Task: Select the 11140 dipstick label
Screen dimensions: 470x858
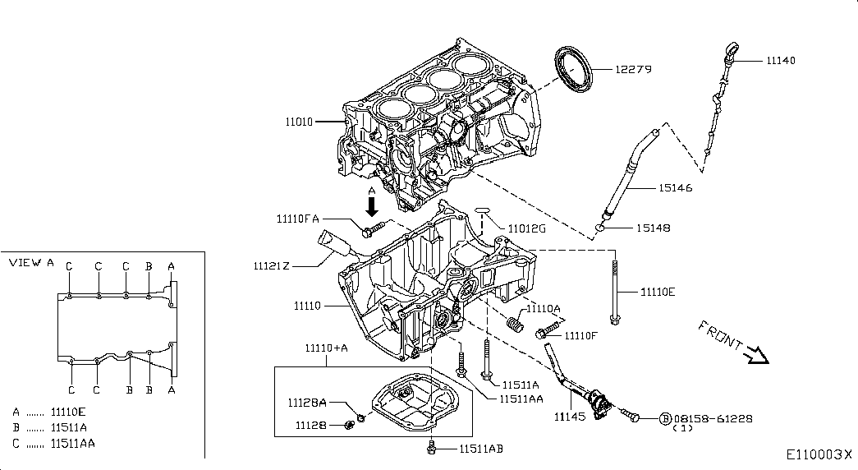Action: tap(780, 61)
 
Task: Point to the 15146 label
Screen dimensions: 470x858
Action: tap(674, 188)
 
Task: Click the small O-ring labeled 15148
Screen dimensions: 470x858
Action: tap(601, 228)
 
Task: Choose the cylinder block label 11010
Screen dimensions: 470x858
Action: tap(299, 122)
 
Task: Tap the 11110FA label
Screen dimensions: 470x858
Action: tap(298, 219)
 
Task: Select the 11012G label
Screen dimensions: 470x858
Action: tap(525, 228)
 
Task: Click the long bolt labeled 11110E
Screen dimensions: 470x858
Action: tap(614, 291)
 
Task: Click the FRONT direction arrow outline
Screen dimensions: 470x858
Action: tap(756, 354)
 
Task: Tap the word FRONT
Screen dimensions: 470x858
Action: tap(719, 334)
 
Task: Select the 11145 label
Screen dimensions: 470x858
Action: tap(569, 417)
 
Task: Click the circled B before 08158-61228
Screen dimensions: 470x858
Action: tap(665, 418)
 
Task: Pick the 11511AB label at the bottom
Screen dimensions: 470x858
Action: tap(480, 449)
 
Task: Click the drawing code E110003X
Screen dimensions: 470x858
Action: tap(819, 454)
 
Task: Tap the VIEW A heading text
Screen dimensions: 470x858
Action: tap(31, 263)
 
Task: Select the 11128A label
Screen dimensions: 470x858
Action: tap(307, 403)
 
